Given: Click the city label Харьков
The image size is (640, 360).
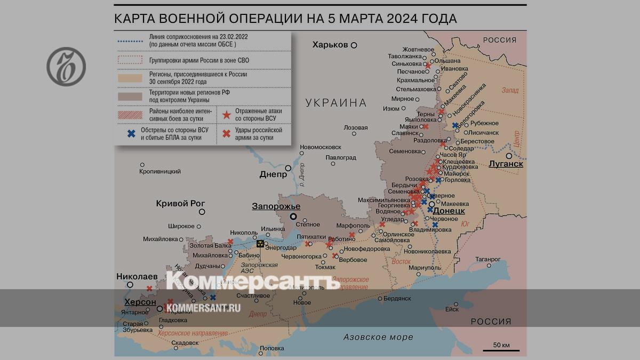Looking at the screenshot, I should point(330,45).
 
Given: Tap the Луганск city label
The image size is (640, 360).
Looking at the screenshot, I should point(506,164).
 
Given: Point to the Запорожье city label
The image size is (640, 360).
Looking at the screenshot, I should point(276,206).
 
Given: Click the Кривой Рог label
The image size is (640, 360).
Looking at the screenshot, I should point(180,203).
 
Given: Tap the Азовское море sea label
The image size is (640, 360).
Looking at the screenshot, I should point(378,337).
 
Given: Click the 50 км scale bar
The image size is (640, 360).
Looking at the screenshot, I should point(501,349).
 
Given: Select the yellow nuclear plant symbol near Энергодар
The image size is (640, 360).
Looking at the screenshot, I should point(260,243).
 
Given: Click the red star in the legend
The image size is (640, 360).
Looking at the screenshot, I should point(227,114).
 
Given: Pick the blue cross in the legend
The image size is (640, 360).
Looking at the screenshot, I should point(131,133).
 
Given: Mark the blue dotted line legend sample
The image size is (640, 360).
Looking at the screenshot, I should point(130,41).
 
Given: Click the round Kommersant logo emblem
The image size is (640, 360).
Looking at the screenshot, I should point(66,66).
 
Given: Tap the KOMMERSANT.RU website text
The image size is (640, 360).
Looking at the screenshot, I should point(203,308).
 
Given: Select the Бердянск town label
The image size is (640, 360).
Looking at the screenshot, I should point(397,298).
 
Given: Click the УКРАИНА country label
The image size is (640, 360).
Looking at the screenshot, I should point(336,103).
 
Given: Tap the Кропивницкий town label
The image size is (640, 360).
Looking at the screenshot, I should point(160,171).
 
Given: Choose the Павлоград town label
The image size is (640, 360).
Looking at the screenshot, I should point(341,158).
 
